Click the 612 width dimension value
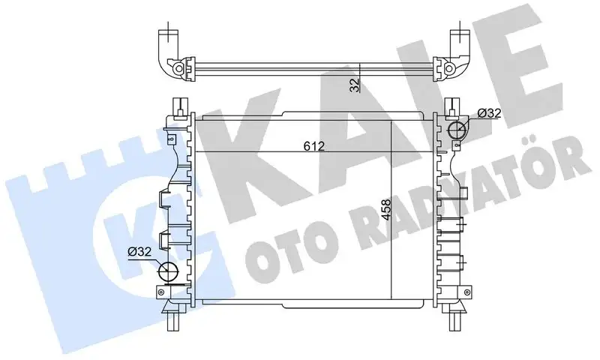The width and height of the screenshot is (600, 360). coord(314,147)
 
